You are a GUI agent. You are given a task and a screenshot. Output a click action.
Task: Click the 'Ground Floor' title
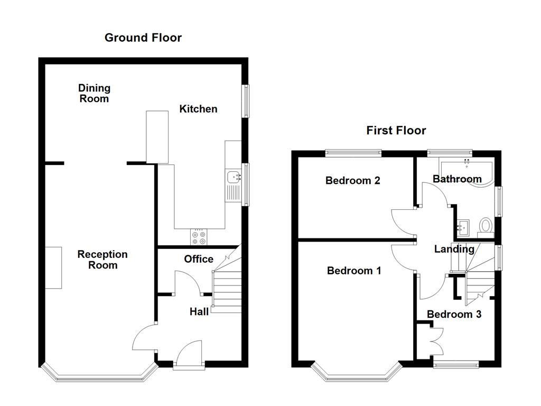click(x=143, y=38)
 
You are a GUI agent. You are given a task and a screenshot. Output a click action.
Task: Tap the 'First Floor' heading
click(x=396, y=131)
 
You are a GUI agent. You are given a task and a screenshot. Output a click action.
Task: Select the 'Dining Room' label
click(x=94, y=93)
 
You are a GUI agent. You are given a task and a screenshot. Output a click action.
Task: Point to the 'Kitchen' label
click(x=198, y=109)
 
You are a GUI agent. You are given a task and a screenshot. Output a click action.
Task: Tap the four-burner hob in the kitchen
click(x=199, y=237)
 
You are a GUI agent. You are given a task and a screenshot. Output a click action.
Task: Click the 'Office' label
click(x=199, y=259)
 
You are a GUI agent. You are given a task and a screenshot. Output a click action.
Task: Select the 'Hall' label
click(x=199, y=312)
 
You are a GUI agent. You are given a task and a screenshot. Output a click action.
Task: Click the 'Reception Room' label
click(x=102, y=260)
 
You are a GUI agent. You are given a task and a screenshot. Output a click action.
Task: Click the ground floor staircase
click(x=226, y=291)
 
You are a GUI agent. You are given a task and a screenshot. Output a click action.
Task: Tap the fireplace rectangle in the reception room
click(x=53, y=267)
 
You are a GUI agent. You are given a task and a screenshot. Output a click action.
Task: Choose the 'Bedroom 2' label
click(x=352, y=180)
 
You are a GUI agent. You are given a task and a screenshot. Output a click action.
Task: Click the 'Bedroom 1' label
click(x=354, y=271)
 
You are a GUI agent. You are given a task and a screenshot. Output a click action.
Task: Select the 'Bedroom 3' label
click(x=454, y=314)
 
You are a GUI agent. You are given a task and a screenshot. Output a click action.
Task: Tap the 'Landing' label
click(x=454, y=249)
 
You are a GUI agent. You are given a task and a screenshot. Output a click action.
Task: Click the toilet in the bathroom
click(x=484, y=226)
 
